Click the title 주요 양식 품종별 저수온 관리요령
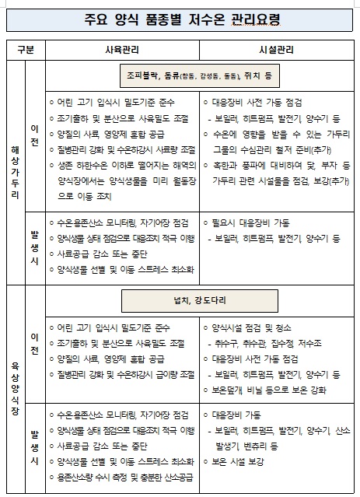click(180, 18)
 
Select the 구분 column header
click(25, 49)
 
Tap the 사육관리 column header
click(122, 49)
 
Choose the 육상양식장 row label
click(16, 388)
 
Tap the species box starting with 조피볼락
click(200, 76)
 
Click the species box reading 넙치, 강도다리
click(200, 300)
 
